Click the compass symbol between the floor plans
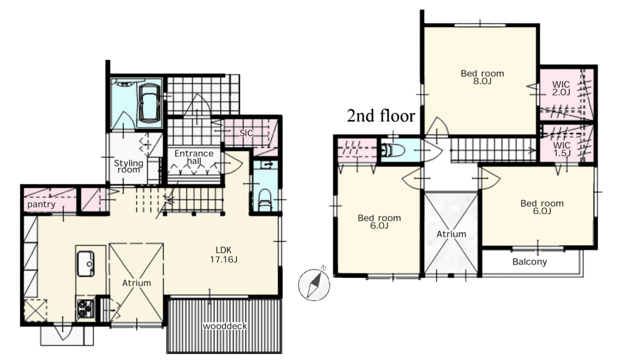coord(314,284)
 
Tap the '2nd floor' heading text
coord(381,116)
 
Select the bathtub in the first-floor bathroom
coord(149,103)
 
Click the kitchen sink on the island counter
coord(86,263)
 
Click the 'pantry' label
coord(41,205)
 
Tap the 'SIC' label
coord(246,133)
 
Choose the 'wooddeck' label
coord(224,326)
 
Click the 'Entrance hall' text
coord(194,157)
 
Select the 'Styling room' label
coord(128,166)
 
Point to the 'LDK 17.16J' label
coord(224,255)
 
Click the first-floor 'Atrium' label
coord(136,283)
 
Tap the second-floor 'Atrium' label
coord(451,235)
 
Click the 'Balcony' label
coord(530,262)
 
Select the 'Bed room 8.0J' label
coord(482,77)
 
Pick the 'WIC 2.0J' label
coord(561,88)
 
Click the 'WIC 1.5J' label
coord(561,149)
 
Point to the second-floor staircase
coord(494,150)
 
